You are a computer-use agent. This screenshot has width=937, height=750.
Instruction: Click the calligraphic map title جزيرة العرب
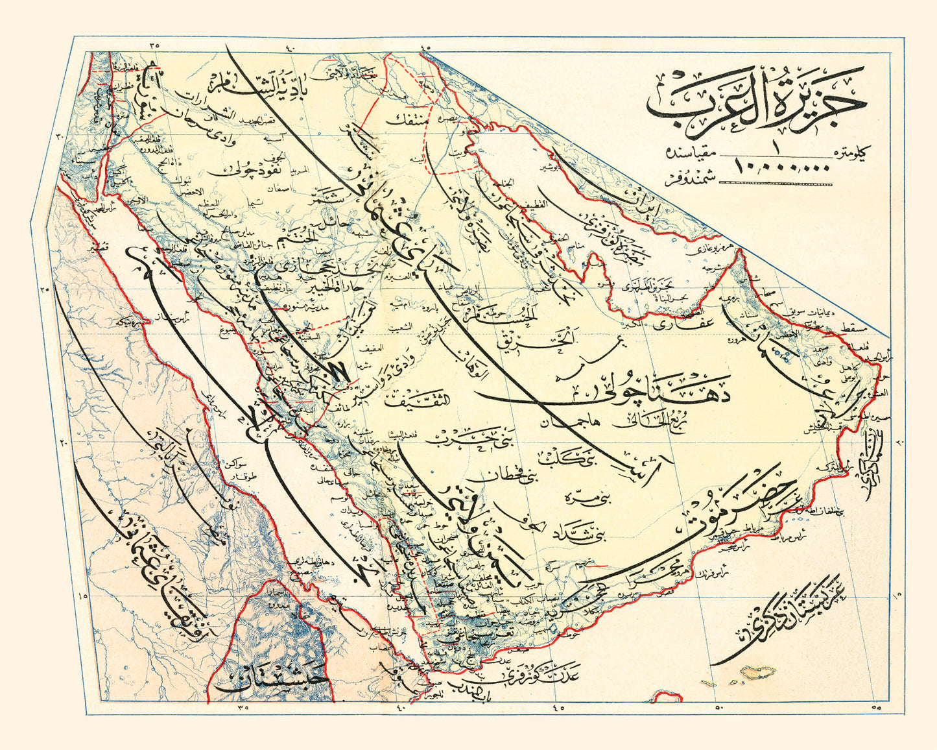(x=755, y=104)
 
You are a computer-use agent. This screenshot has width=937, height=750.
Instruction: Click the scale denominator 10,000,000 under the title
(x=784, y=167)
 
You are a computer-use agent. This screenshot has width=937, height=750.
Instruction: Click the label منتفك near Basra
(x=408, y=120)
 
